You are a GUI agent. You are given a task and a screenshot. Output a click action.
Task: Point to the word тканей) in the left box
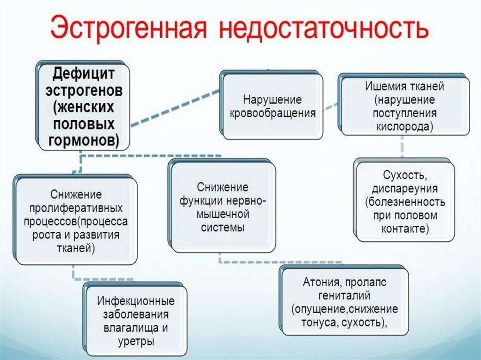pyautogui.click(x=76, y=248)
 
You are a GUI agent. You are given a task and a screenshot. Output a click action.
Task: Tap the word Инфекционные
pyautogui.click(x=136, y=300)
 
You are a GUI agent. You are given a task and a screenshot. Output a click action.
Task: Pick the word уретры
pyautogui.click(x=136, y=341)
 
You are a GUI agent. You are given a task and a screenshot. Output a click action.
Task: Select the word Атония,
pyautogui.click(x=323, y=283)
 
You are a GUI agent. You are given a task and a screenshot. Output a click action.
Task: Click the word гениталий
pyautogui.click(x=344, y=296)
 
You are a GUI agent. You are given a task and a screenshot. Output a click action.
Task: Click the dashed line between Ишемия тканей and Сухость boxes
pyautogui.click(x=403, y=148)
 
